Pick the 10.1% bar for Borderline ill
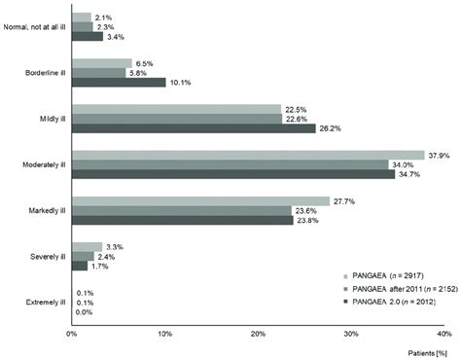(x=118, y=82)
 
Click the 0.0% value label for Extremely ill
(x=85, y=311)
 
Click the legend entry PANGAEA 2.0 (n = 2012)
(x=387, y=304)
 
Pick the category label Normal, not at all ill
(x=34, y=27)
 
